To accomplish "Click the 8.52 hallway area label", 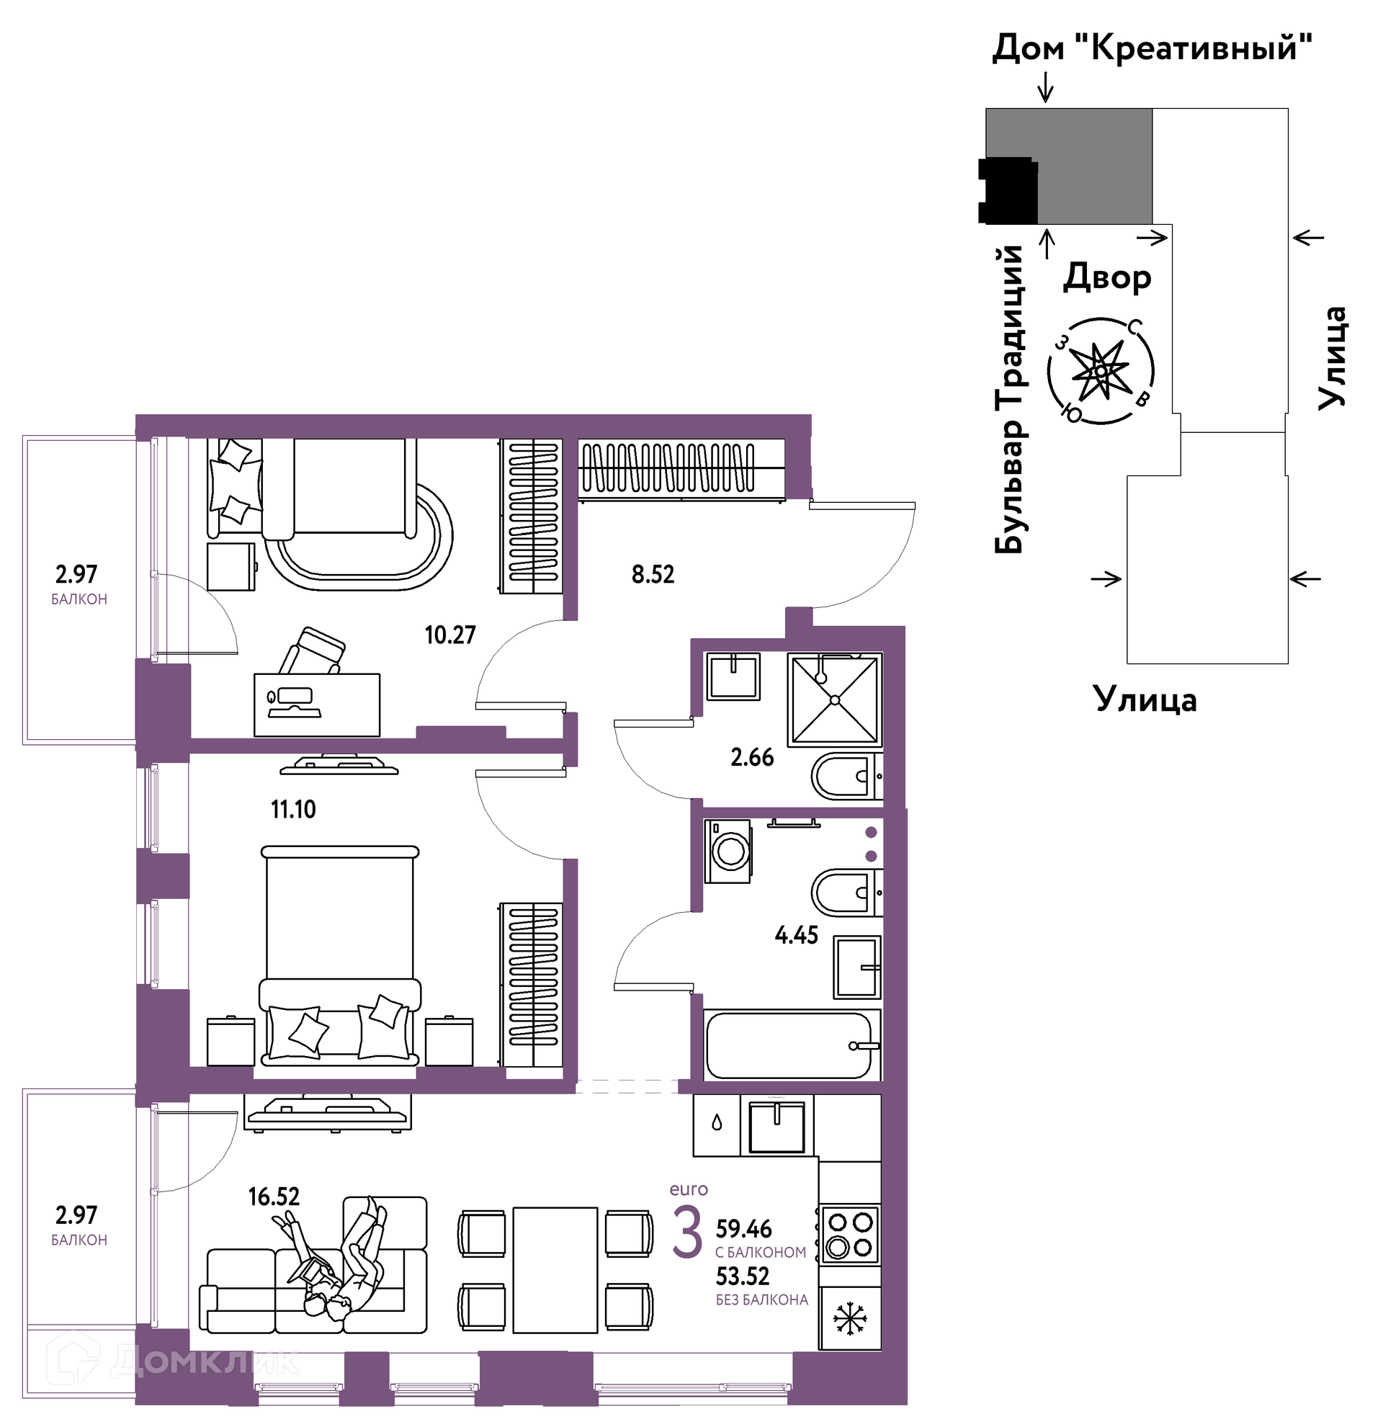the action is (653, 574).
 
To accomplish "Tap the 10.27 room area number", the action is (450, 635).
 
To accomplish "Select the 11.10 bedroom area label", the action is (293, 809).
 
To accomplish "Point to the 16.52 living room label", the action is (274, 1196).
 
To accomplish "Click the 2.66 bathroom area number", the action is (752, 758).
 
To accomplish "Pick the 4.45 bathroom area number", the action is (796, 935).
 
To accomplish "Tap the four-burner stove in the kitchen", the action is (850, 1235).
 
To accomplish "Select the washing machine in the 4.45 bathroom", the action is (728, 851).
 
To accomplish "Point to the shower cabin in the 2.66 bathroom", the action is (836, 700).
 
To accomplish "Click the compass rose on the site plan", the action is (1101, 371).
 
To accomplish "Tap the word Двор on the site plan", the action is (1107, 277).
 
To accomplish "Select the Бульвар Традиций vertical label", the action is (1010, 399).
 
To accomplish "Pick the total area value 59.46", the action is (744, 1229).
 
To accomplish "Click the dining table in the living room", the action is (555, 1270).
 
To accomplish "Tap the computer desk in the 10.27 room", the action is (317, 705).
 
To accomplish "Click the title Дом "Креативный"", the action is (1152, 49).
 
